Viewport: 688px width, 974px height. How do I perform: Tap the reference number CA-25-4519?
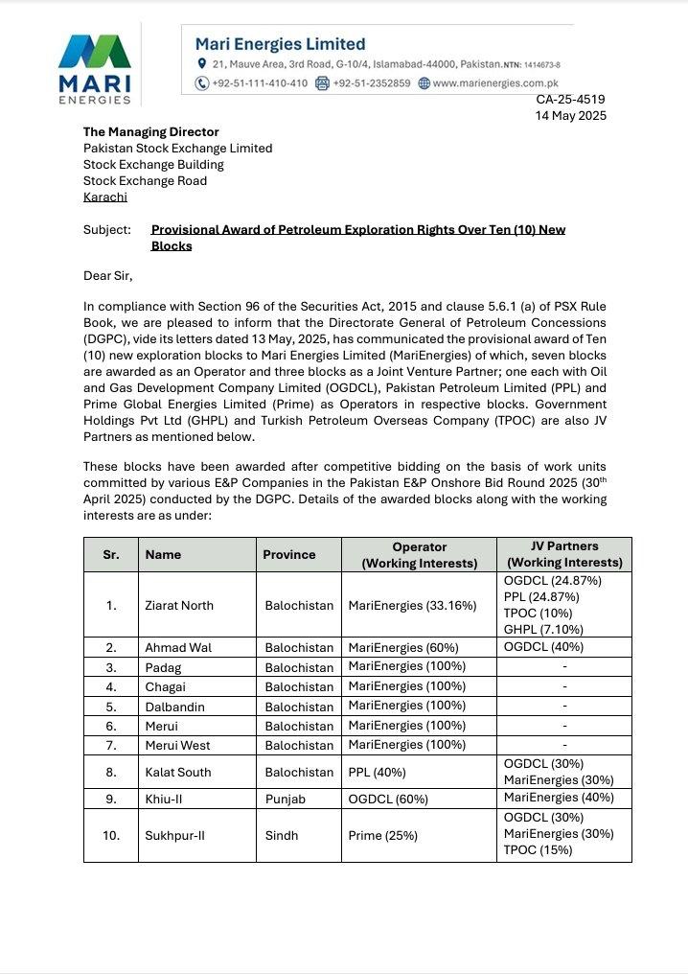(570, 100)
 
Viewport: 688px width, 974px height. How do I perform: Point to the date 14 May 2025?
(570, 116)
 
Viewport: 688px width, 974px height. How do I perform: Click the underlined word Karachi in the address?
(105, 197)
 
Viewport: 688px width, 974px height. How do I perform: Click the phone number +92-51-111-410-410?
(260, 83)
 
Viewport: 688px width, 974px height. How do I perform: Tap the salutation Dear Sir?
(107, 276)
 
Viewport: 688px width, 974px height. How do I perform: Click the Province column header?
(289, 554)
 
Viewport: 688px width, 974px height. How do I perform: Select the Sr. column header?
(111, 554)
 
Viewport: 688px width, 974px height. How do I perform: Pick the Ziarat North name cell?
(179, 605)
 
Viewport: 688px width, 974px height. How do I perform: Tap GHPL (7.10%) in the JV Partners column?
(543, 630)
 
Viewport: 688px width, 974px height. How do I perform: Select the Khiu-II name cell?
(164, 798)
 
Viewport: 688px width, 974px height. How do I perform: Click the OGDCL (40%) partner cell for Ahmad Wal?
(544, 647)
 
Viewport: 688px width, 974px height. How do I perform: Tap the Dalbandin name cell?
(174, 707)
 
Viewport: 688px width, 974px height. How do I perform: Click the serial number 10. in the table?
(111, 835)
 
